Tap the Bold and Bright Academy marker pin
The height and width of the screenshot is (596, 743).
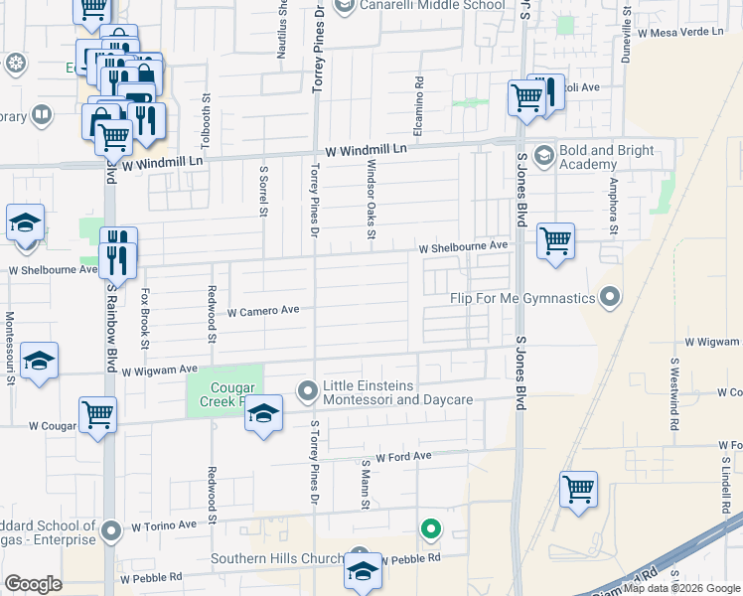tap(543, 155)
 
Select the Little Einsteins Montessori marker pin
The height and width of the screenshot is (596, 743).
tap(307, 391)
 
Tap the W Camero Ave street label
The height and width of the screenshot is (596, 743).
tap(263, 311)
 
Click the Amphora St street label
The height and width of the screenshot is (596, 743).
tap(615, 208)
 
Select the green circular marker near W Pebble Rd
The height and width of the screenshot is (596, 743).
tap(430, 530)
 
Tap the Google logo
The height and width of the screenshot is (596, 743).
tap(34, 584)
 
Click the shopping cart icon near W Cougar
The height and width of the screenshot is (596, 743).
tap(98, 414)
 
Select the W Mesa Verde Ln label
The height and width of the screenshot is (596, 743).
tap(682, 33)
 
